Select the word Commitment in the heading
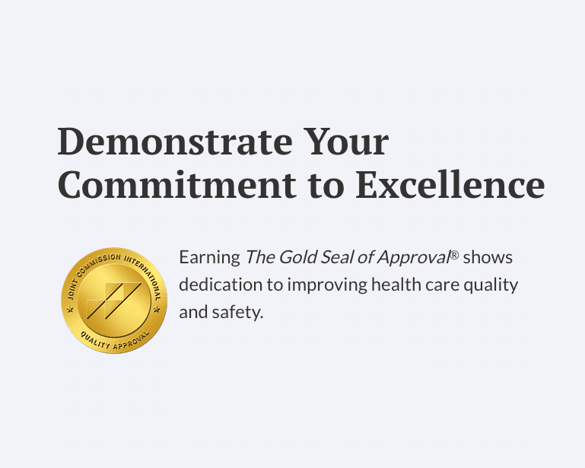click(x=177, y=184)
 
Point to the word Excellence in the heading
click(x=450, y=184)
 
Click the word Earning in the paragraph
click(x=209, y=258)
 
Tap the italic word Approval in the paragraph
click(x=413, y=258)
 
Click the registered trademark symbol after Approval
click(x=454, y=255)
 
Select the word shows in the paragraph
click(x=488, y=257)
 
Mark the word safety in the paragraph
click(x=237, y=313)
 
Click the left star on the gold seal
click(x=70, y=310)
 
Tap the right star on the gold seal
click(x=157, y=310)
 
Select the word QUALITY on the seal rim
click(x=95, y=340)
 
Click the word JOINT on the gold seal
click(x=72, y=288)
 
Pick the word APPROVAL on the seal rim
click(x=132, y=341)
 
